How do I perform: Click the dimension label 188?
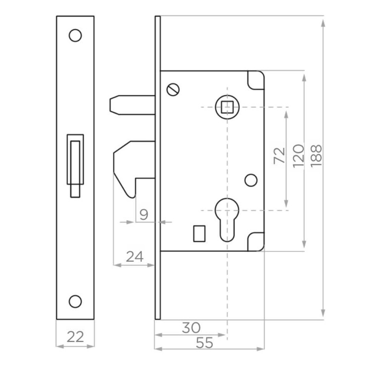pos(316,156)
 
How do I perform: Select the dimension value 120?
pos(298,156)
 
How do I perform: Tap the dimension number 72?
pos(279,155)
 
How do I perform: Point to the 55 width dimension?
pos(204,343)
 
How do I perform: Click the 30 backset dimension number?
pos(191,327)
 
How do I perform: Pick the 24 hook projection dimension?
pos(135,257)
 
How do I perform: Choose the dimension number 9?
pos(144,215)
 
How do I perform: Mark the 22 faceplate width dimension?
pos(75,337)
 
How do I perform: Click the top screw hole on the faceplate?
pos(75,36)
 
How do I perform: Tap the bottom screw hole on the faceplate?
pos(75,301)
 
